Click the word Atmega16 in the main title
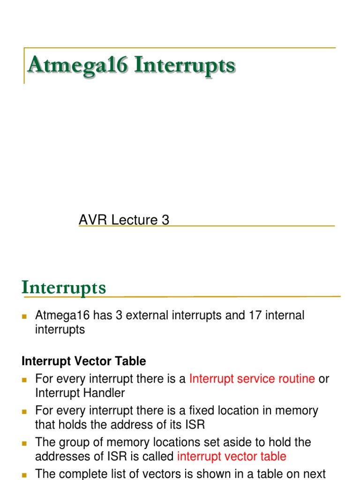point(77,66)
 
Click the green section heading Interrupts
point(64,288)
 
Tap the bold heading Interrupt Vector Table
point(84,361)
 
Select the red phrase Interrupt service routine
point(252,379)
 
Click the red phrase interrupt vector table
point(232,456)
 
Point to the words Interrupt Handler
point(80,393)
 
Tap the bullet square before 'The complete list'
point(25,474)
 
